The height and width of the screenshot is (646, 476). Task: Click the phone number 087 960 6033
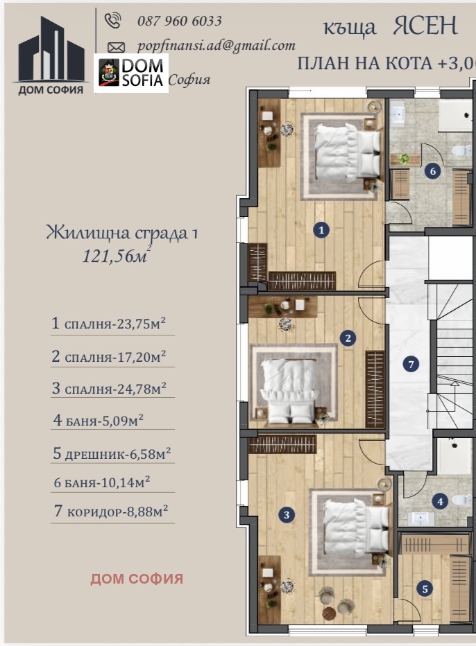(x=179, y=21)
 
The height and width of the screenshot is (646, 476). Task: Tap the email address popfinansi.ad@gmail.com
(x=216, y=46)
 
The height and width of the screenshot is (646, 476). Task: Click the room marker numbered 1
(x=321, y=230)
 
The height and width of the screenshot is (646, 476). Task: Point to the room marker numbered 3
(x=286, y=514)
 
